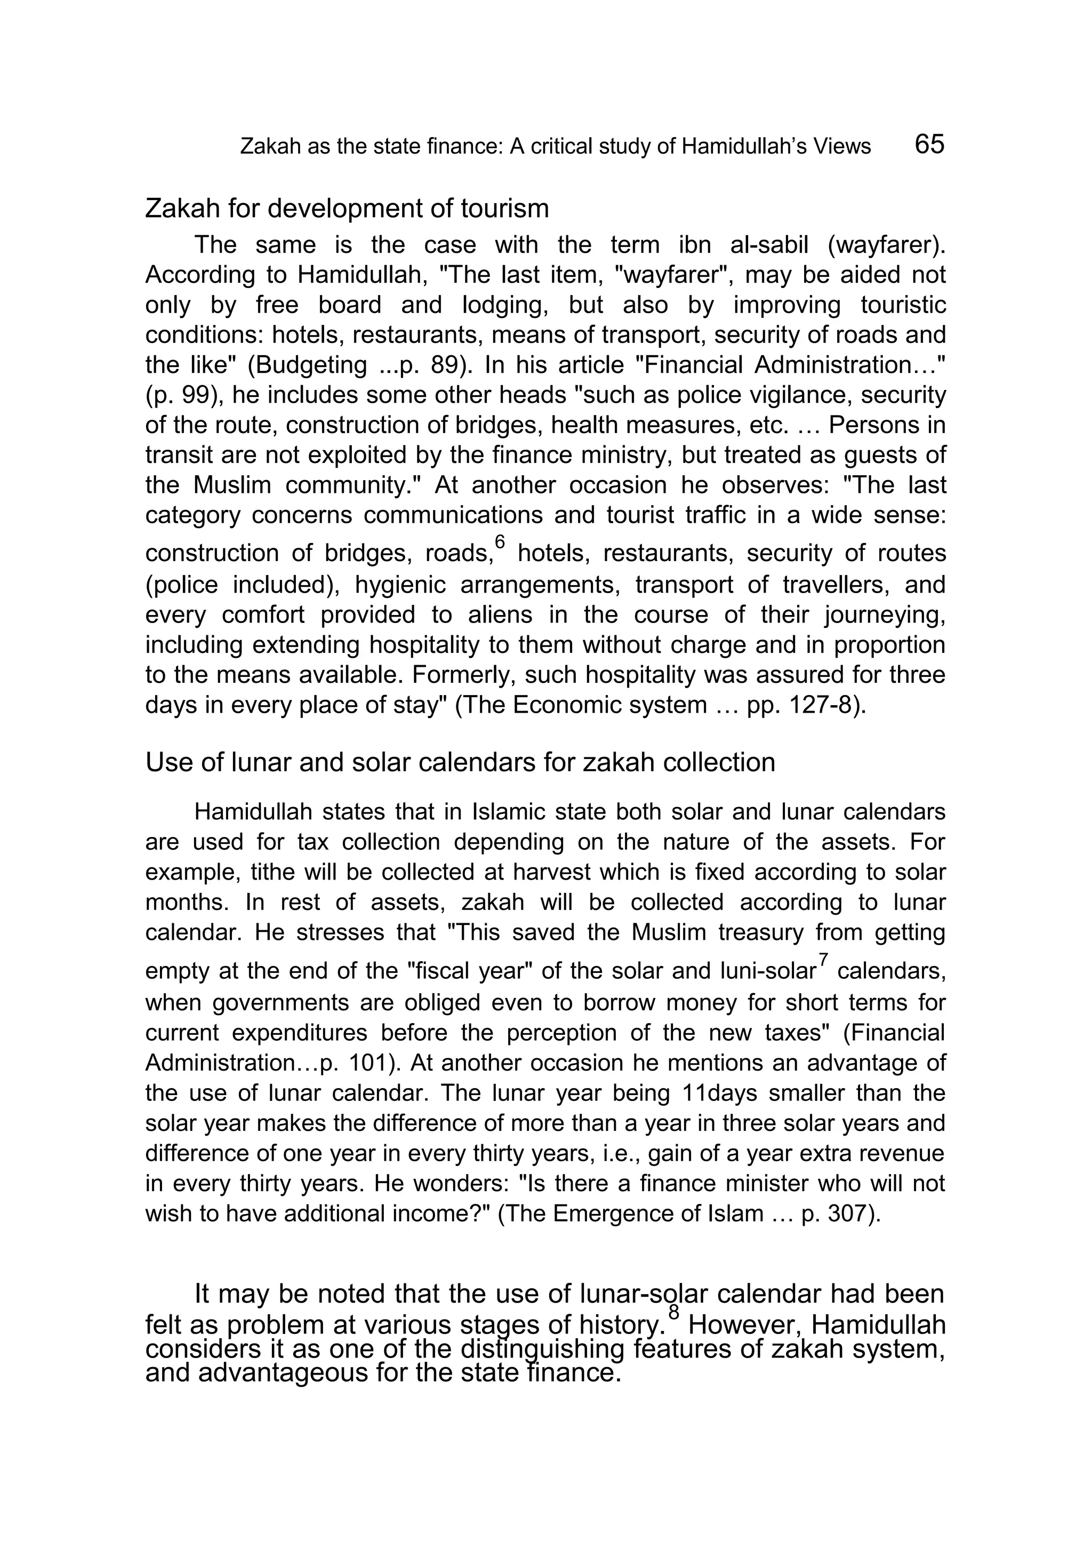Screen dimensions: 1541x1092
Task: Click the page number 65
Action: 929,144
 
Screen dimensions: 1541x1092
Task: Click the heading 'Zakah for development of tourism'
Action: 347,209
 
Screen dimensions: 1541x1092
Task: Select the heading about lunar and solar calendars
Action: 460,762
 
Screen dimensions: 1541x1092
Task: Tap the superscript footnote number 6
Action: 499,541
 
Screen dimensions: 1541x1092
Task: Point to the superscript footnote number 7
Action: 824,959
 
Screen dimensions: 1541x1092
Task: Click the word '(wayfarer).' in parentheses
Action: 886,245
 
